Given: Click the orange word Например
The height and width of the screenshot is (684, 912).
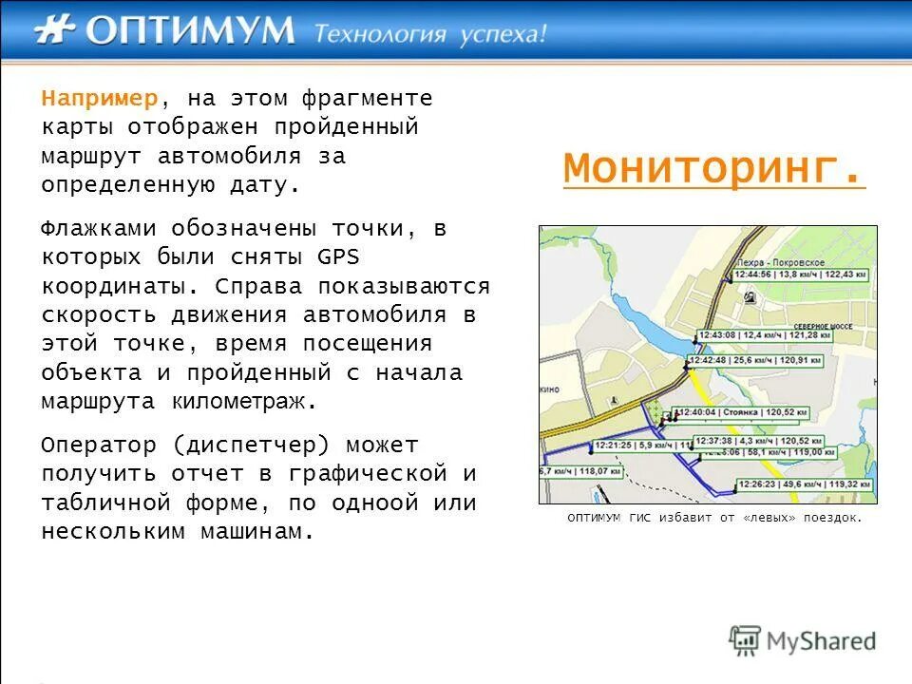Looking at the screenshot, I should coord(100,99).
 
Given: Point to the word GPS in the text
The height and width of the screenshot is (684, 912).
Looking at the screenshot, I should coord(337,257).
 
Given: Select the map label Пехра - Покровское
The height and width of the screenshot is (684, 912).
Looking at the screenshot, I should coord(780,260).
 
